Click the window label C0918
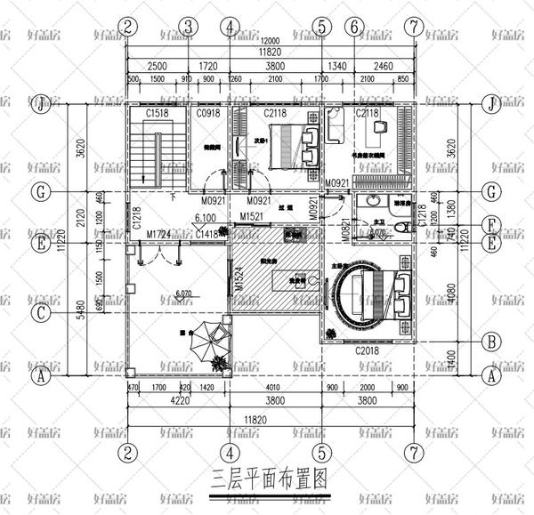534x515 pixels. tap(207, 114)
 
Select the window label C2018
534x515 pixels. tap(368, 352)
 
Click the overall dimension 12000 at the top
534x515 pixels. tap(270, 41)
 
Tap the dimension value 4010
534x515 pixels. tap(278, 388)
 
